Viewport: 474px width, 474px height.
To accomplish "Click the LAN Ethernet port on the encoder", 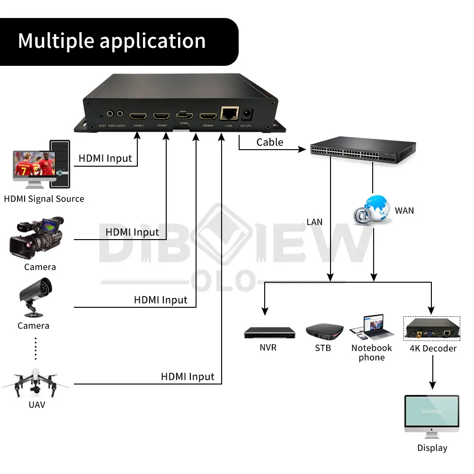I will (229, 114).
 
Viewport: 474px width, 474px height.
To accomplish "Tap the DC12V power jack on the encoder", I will (247, 114).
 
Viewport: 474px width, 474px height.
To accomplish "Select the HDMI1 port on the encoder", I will (138, 116).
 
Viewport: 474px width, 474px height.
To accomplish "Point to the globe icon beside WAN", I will (372, 209).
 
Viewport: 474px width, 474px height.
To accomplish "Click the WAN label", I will (404, 210).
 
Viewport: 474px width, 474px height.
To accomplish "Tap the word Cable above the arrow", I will (270, 142).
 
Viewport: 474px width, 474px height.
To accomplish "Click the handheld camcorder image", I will (36, 239).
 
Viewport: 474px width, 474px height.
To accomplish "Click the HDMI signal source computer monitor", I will (33, 166).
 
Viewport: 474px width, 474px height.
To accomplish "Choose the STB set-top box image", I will (324, 331).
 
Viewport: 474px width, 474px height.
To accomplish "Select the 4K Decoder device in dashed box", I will (431, 329).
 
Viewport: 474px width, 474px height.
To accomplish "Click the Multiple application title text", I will (112, 41).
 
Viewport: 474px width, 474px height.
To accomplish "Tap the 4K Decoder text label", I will (433, 349).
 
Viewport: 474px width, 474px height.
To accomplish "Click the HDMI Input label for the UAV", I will (188, 377).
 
